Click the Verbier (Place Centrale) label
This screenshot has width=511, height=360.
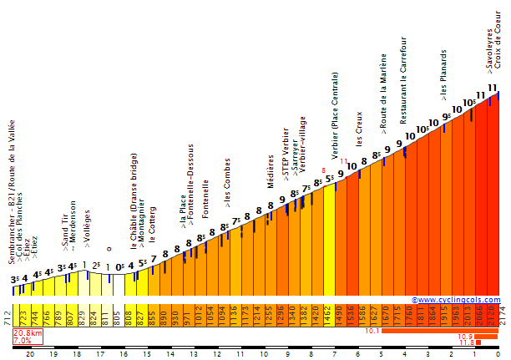[x=336, y=115]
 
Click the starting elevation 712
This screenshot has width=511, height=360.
[x=8, y=317]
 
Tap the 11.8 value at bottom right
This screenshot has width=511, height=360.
[x=466, y=342]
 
